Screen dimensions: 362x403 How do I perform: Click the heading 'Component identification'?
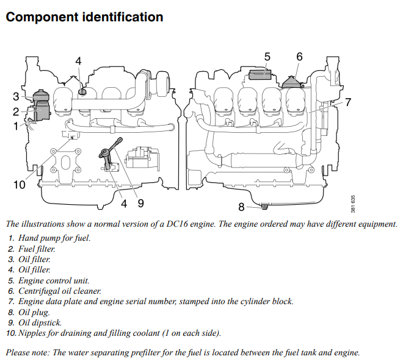pos(84,17)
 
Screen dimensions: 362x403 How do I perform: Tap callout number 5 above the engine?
pos(267,57)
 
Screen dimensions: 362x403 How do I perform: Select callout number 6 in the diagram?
pos(299,57)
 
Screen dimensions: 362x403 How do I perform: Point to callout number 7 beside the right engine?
pos(348,102)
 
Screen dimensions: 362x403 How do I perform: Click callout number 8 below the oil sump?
pos(242,207)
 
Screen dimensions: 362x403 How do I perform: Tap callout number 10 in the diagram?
pos(20,184)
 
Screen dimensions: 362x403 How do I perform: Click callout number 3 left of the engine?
pos(16,96)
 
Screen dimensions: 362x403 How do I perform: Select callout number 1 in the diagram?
pos(16,126)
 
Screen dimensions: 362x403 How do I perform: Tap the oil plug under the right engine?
pos(264,205)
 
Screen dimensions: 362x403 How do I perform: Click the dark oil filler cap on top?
pos(81,91)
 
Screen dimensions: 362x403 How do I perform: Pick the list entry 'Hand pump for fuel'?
pos(54,238)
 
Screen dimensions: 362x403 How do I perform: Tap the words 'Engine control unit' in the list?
pos(54,280)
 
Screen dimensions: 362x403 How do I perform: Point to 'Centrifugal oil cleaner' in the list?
pos(60,291)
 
